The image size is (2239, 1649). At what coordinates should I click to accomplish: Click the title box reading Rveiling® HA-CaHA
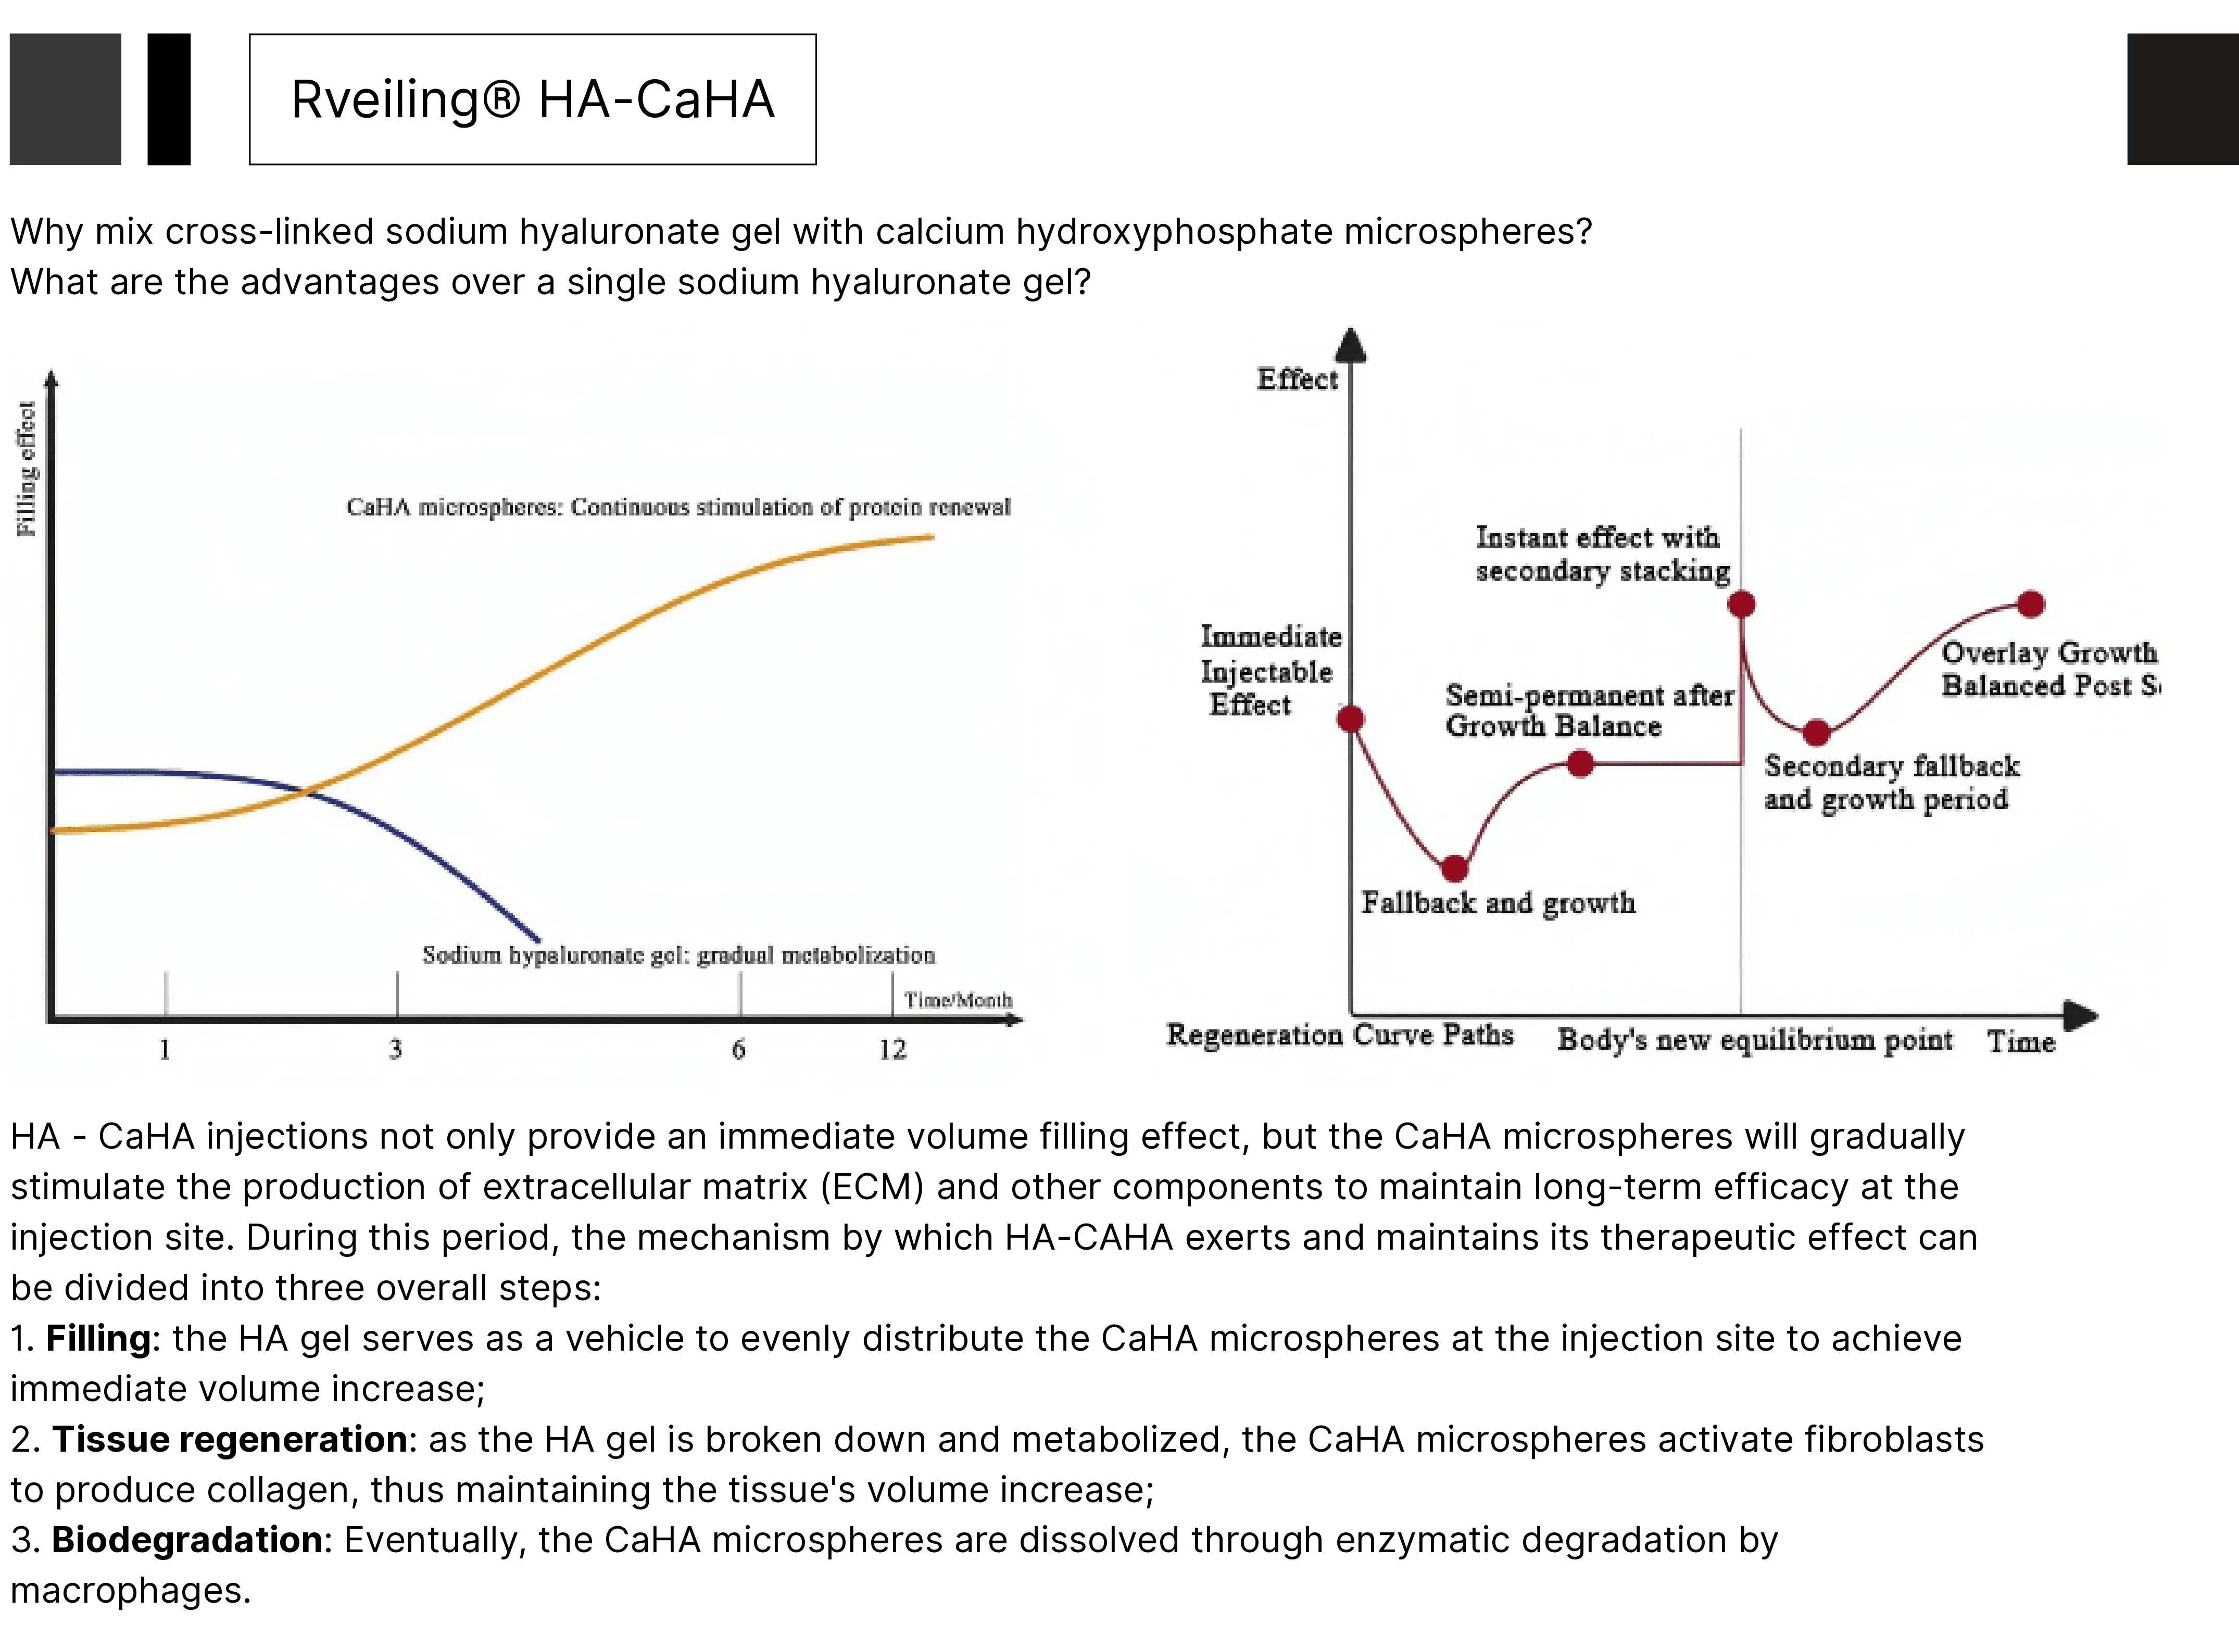tap(532, 99)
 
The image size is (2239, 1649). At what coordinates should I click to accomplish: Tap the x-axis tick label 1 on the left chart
tap(165, 1049)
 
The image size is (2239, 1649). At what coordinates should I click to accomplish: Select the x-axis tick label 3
tap(395, 1049)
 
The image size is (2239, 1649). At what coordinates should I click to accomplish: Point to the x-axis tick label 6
tap(739, 1049)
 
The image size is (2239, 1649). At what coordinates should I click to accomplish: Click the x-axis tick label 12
tap(892, 1049)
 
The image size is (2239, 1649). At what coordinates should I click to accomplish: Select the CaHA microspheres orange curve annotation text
tap(679, 507)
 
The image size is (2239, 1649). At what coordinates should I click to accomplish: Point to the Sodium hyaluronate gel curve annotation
tap(679, 955)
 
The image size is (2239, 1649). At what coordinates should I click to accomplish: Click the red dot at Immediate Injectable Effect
tap(1351, 719)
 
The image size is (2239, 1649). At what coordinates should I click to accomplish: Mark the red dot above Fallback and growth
tap(1455, 868)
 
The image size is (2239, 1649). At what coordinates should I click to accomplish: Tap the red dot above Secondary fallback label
tap(1817, 733)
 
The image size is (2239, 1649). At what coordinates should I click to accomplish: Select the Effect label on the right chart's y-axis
tap(1297, 379)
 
